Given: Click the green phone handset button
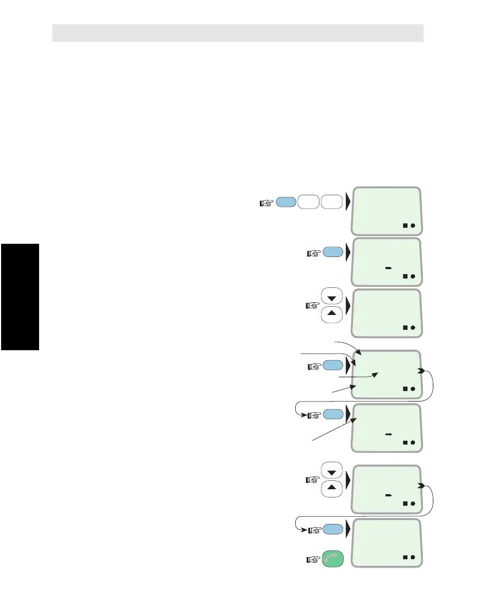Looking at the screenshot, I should point(332,560).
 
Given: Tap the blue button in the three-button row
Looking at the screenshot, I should point(285,202).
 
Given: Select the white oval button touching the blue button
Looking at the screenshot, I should point(309,202).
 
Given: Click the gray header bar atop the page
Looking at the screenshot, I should point(237,33).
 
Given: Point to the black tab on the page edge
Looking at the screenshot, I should point(20,297).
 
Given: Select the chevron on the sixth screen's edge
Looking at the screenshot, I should point(421,486).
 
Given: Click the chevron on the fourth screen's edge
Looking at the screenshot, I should point(421,371).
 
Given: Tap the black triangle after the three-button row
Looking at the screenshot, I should point(347,202).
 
